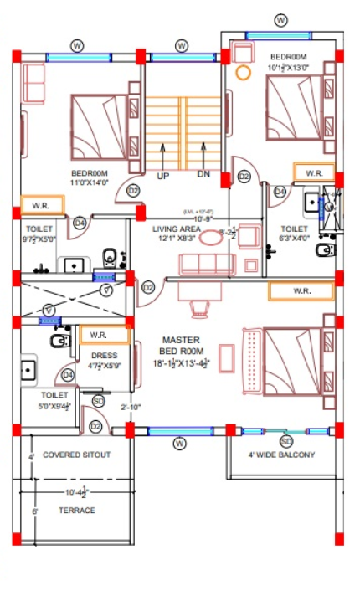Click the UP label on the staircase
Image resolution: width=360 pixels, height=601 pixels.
pos(162,176)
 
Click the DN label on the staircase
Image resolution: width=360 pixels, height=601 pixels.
pos(203,175)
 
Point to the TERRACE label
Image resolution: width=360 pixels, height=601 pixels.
pos(76,510)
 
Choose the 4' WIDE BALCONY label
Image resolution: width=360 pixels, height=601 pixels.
pos(281,455)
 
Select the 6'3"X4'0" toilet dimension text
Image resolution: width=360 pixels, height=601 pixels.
pos(294,238)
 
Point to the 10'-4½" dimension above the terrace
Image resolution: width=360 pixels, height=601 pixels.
pos(76,492)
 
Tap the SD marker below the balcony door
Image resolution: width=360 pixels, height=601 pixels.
pos(286,441)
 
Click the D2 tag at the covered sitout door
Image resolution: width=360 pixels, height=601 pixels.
pos(96,427)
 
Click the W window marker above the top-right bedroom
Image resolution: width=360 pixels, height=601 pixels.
pos(281,20)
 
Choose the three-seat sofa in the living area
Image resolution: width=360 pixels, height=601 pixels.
pos(205,265)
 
